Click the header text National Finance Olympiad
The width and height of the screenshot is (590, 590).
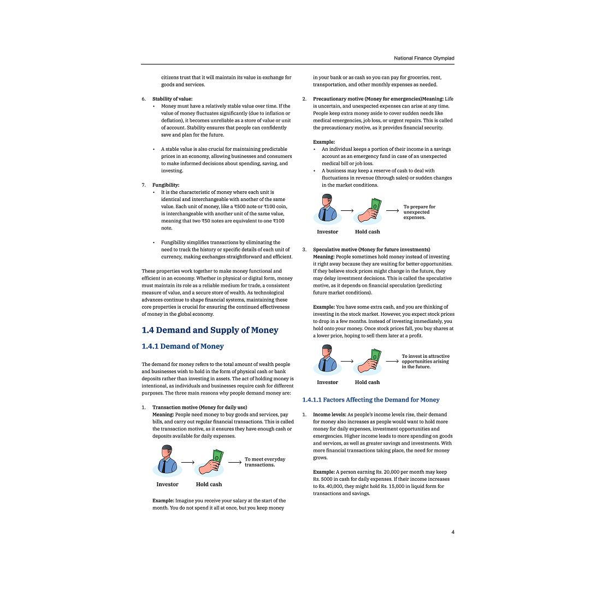(424, 58)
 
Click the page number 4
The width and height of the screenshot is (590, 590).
(453, 532)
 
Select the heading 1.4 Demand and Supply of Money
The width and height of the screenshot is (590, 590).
(210, 330)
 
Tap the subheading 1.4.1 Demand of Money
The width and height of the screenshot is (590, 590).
(182, 346)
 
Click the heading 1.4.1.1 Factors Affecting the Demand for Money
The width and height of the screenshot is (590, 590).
(371, 400)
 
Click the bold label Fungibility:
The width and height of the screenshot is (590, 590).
(166, 185)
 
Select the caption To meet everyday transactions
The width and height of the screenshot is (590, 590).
(264, 462)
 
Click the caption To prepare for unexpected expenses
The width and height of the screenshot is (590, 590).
(420, 212)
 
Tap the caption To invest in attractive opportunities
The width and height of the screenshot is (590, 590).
(425, 361)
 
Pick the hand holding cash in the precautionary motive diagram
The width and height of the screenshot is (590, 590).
(368, 211)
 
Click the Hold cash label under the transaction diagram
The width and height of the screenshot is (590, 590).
(209, 485)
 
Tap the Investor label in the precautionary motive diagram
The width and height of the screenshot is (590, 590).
(327, 232)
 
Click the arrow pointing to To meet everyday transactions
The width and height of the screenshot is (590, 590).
(235, 462)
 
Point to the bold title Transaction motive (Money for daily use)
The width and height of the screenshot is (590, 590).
(199, 408)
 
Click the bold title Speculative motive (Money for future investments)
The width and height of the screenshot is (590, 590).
(371, 250)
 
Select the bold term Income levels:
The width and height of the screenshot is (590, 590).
(329, 415)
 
